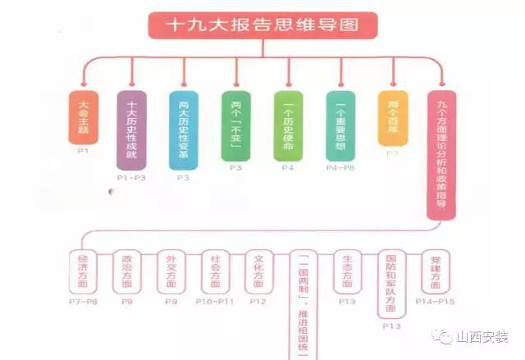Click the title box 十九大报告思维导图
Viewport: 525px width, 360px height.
262,25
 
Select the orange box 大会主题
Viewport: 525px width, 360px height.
82,116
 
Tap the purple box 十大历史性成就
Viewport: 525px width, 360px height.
131,130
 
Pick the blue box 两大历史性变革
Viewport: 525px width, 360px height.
183,130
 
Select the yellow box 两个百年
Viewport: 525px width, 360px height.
393,117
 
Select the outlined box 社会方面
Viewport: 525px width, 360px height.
216,271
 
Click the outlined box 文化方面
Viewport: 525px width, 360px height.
260,271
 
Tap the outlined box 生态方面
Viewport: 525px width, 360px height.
348,271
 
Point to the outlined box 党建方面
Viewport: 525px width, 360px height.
436,271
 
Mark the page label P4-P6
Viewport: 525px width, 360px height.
340,167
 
